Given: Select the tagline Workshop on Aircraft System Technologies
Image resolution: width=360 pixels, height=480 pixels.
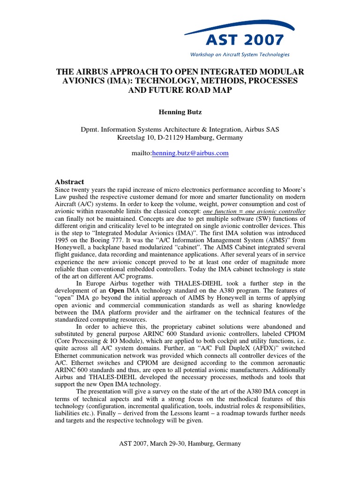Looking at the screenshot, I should point(239,54).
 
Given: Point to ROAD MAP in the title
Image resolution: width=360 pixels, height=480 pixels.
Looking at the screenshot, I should point(210,90).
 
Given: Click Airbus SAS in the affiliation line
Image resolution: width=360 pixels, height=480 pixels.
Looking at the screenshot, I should point(262,129).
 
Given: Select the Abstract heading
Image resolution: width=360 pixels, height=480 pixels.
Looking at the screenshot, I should point(70,182).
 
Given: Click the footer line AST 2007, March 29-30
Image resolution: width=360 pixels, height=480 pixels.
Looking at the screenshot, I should point(180,443).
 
